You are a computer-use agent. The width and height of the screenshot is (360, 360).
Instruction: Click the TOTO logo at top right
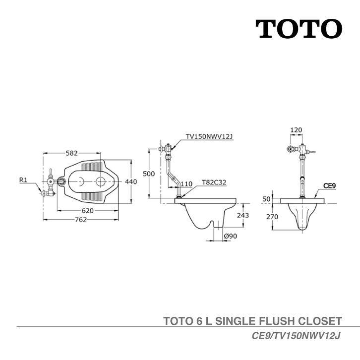[299, 29]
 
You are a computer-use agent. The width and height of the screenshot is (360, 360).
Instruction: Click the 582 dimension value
[72, 153]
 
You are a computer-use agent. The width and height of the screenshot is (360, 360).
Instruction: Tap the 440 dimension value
[131, 181]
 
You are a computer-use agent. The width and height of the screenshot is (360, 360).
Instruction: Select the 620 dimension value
[88, 211]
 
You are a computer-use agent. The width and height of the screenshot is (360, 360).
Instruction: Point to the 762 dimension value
[81, 220]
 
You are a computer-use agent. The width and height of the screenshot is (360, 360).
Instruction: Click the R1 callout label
[23, 180]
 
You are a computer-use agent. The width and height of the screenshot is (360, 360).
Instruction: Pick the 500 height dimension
[149, 174]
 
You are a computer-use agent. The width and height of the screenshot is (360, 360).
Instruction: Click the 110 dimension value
[186, 184]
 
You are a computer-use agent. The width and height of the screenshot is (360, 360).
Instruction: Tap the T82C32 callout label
[214, 182]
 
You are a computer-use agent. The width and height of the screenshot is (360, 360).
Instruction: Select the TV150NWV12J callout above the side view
[209, 136]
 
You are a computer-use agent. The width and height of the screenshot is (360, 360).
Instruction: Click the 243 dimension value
[243, 215]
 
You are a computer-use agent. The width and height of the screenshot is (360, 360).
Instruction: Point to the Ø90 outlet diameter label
[231, 236]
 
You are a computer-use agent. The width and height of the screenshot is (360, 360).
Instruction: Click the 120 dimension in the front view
[296, 130]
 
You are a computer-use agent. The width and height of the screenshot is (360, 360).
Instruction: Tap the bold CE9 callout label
[329, 185]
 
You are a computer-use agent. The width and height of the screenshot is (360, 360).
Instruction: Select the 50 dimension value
[267, 199]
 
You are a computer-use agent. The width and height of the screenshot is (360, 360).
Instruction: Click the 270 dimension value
[272, 217]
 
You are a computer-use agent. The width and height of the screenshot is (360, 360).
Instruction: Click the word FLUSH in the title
[277, 321]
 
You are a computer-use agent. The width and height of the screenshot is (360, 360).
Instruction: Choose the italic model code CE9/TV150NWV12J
[296, 336]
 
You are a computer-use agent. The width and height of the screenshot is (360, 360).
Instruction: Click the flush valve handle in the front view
[311, 152]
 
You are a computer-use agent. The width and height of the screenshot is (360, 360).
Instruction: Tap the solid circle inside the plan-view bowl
[101, 181]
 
